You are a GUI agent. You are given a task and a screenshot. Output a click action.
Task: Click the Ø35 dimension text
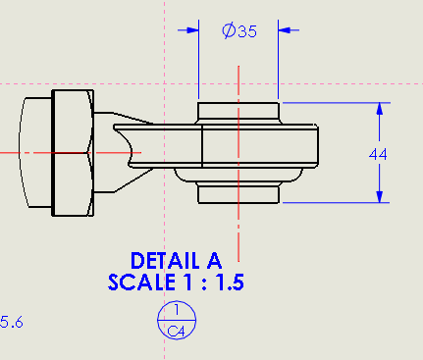coord(239,31)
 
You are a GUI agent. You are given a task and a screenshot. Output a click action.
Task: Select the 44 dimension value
coord(379,153)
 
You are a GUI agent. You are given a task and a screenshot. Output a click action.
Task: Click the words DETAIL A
coord(177,261)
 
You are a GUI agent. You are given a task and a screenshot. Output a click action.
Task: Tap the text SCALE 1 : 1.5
coord(177,283)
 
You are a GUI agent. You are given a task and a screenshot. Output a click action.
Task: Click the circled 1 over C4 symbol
coord(177,321)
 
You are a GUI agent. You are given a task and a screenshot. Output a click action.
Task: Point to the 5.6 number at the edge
coord(13,321)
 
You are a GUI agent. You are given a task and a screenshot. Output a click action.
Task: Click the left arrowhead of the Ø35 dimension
coord(188,30)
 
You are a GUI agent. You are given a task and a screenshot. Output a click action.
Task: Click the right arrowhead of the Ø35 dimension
coord(288,30)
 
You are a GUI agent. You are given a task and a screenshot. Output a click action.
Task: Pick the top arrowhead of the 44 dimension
coord(380,109)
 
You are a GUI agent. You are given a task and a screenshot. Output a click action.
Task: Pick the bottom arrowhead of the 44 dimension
coord(380,196)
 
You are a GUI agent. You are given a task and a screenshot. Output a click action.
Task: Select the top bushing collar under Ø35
coord(238,111)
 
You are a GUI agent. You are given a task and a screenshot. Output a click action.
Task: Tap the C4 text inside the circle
coord(177,332)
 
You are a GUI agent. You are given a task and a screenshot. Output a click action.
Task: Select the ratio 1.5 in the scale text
coord(229,283)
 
